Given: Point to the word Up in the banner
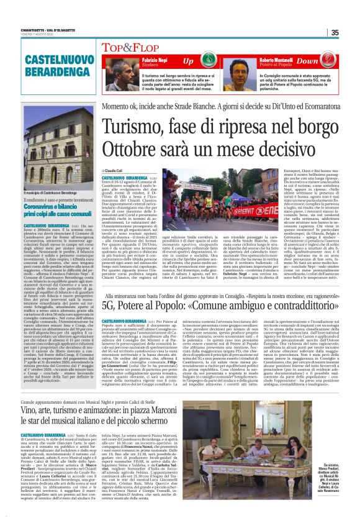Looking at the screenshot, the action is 187,61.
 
